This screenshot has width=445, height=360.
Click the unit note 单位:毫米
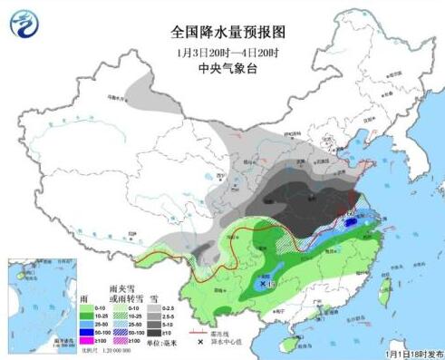167,340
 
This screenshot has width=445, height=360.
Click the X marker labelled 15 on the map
264,283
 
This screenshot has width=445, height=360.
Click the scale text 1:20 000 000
91,350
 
